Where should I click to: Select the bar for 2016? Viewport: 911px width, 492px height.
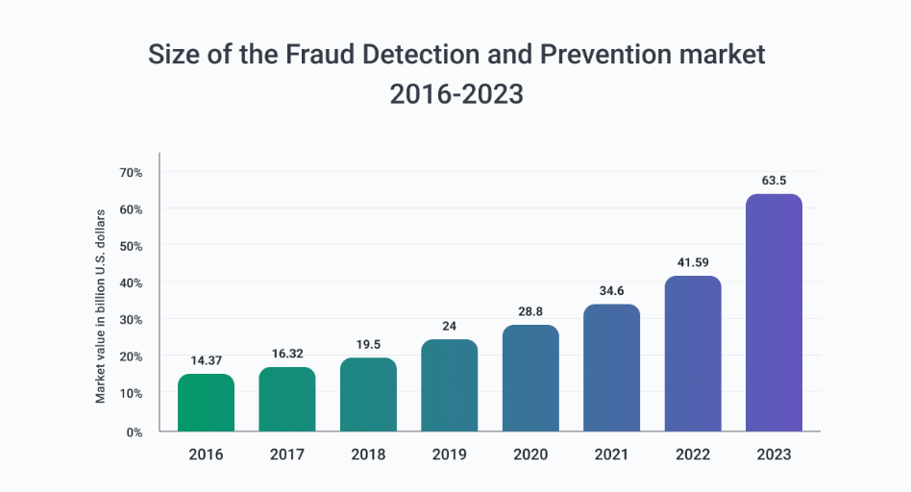click(x=206, y=403)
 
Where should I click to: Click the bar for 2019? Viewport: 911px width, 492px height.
click(x=449, y=385)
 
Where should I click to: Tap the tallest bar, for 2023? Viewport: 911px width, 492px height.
click(x=774, y=313)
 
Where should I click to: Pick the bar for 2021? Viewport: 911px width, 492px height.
click(x=611, y=368)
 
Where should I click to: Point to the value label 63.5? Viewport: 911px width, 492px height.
click(x=774, y=179)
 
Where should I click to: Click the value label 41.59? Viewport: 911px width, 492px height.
click(x=693, y=260)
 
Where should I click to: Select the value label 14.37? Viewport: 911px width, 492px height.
click(x=206, y=359)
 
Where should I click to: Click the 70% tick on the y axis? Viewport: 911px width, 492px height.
click(x=131, y=173)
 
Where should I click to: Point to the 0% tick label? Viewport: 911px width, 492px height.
click(x=134, y=431)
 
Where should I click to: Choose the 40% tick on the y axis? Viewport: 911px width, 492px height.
click(x=131, y=283)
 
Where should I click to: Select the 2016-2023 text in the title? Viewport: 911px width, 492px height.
click(x=455, y=94)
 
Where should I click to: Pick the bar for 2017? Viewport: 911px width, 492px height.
click(x=287, y=399)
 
